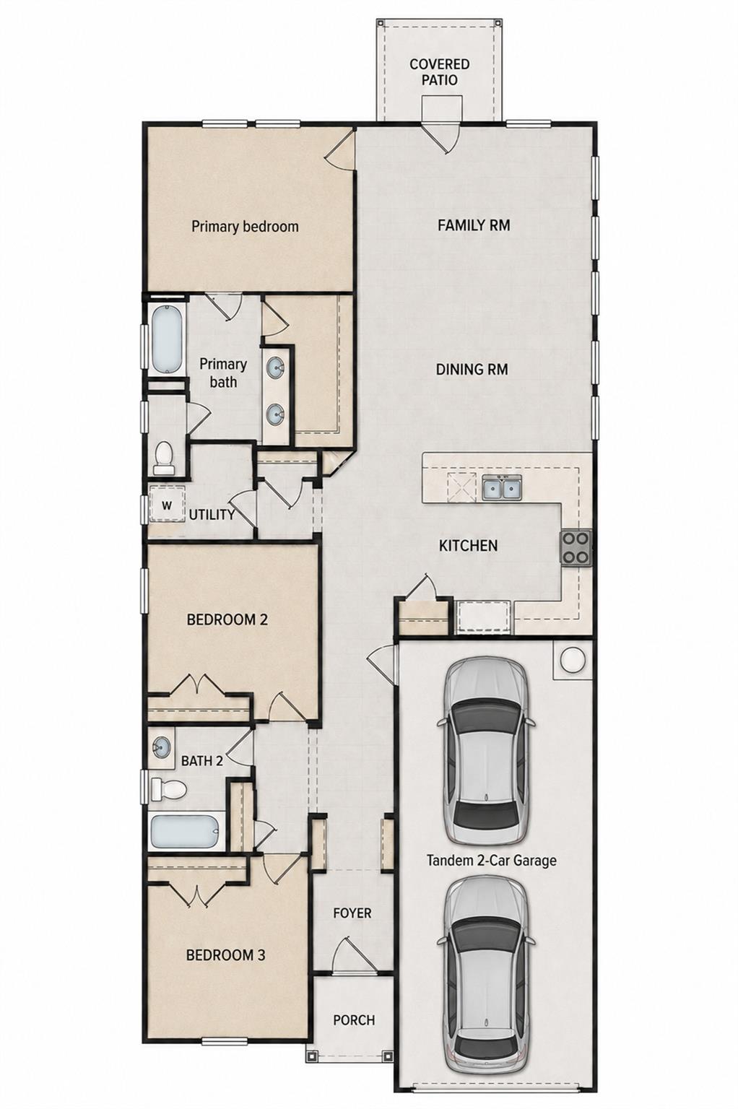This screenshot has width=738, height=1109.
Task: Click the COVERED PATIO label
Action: [439, 71]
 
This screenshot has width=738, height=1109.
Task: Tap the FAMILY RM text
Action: [474, 225]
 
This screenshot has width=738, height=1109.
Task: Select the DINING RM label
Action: [472, 370]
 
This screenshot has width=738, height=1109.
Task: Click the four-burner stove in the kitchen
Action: [576, 547]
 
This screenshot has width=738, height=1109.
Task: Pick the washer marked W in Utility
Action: [167, 504]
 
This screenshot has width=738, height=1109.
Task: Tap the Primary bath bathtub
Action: [166, 339]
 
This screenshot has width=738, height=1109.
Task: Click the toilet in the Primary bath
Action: [163, 457]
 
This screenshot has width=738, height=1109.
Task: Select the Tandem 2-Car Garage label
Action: [491, 861]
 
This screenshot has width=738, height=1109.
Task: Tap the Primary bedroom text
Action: [246, 227]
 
